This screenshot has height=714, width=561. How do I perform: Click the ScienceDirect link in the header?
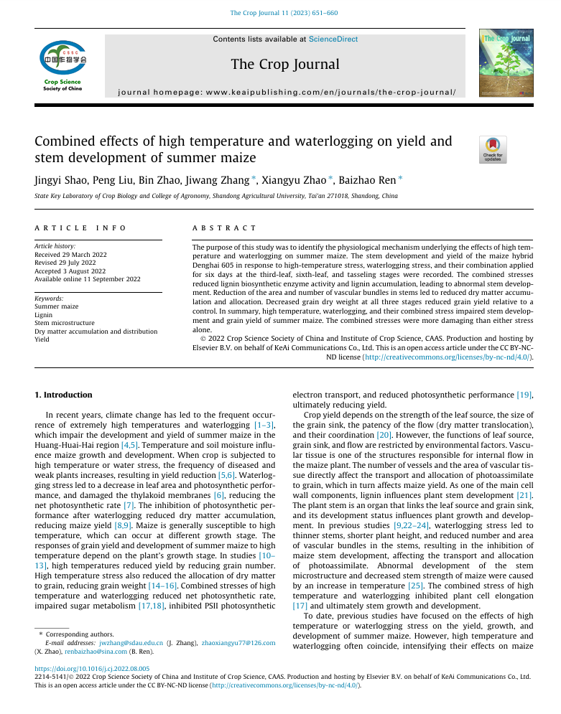tap(333, 39)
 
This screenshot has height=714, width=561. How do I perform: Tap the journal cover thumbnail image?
tap(506, 63)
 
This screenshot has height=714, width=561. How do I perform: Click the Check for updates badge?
tap(493, 149)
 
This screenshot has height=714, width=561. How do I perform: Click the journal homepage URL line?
tap(285, 93)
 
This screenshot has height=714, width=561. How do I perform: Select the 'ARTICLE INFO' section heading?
tap(80, 227)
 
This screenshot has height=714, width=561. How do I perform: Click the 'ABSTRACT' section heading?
tap(224, 227)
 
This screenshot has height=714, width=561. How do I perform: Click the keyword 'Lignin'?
tap(44, 314)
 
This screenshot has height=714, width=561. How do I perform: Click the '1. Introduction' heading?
tap(64, 395)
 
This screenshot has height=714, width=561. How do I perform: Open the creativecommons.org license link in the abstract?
tap(447, 356)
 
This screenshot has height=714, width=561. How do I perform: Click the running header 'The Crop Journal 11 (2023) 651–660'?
tap(284, 13)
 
